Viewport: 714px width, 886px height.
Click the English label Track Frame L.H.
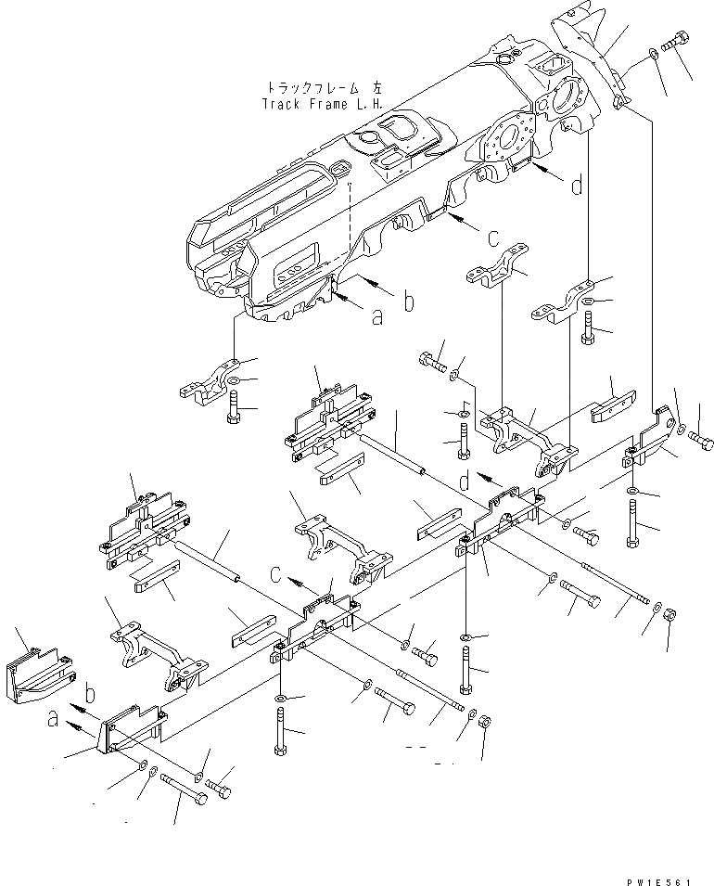pos(321,103)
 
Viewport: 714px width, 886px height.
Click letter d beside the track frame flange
pos(577,186)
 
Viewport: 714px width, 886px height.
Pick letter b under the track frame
pos(408,302)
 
